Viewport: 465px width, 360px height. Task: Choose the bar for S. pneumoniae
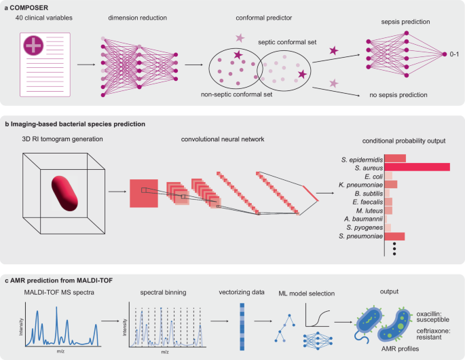[395, 236]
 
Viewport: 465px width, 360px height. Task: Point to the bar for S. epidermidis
[395, 158]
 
